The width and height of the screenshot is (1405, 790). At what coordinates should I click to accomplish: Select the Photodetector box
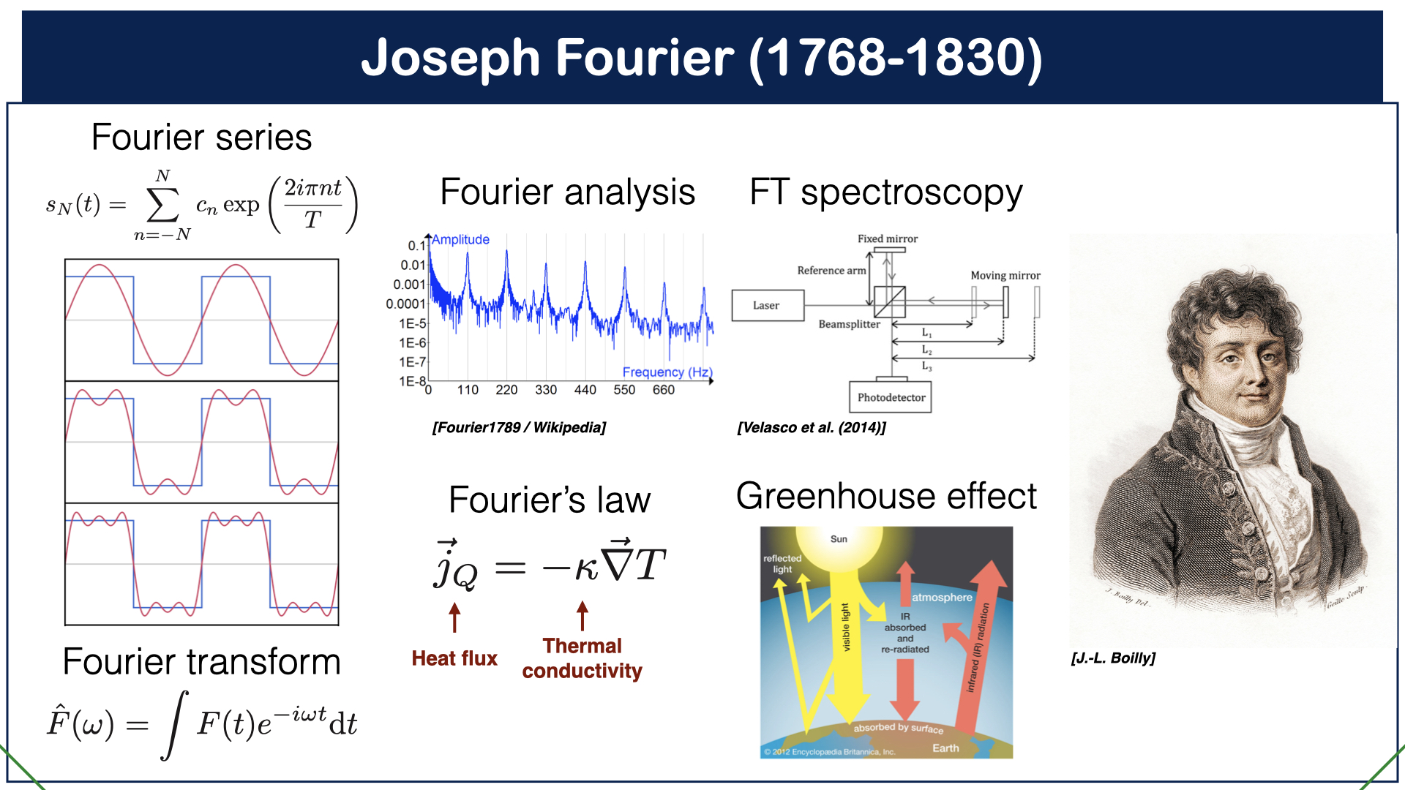(x=891, y=397)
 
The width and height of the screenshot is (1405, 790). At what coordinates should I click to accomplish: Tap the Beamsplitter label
(x=849, y=324)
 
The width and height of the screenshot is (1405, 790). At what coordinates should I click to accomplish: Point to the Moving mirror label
(x=1005, y=276)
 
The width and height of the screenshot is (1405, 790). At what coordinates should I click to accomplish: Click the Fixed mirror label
(x=887, y=239)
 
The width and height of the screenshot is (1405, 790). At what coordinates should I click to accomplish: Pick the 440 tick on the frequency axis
(x=585, y=390)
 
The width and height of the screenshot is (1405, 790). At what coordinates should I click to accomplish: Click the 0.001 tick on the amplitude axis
(x=409, y=285)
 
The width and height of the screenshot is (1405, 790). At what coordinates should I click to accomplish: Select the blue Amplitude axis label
(x=460, y=240)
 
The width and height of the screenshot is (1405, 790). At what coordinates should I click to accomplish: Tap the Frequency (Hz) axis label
(x=667, y=372)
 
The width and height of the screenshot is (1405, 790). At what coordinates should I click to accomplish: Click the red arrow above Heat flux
(x=454, y=617)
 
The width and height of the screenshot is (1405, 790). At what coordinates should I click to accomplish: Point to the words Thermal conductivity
(x=582, y=658)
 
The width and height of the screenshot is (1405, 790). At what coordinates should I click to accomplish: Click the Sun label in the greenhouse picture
(x=839, y=539)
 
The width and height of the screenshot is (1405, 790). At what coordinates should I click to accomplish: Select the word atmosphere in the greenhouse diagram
(x=942, y=598)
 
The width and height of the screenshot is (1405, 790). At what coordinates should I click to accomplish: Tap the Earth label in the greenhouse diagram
(x=945, y=748)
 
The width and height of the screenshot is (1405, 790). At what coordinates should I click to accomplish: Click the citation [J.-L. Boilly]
(x=1113, y=658)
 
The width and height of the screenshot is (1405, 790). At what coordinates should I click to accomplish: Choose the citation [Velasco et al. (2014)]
(x=812, y=427)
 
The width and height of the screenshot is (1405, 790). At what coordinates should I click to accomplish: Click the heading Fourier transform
(x=201, y=661)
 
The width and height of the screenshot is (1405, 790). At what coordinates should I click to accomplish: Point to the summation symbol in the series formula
(x=162, y=206)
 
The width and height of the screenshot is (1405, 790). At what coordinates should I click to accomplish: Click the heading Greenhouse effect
(x=886, y=496)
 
